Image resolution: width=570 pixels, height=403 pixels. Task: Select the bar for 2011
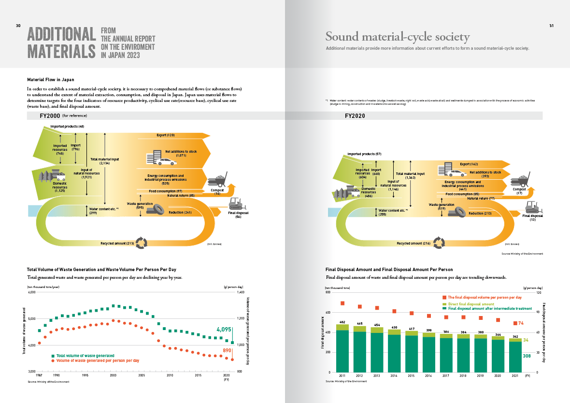click(x=342, y=348)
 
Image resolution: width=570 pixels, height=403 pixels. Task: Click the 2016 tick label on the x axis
click(x=429, y=375)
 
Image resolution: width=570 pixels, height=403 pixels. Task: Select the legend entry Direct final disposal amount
click(x=470, y=304)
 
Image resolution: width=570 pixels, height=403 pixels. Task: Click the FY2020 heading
click(x=355, y=116)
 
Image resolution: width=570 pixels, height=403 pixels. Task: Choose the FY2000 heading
click(x=50, y=116)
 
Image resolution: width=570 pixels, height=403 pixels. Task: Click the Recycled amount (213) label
click(x=117, y=243)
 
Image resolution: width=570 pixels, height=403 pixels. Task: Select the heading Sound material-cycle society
click(x=397, y=37)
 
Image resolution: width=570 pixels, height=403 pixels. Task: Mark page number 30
click(x=17, y=26)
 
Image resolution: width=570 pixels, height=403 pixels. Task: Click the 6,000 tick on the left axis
click(x=31, y=292)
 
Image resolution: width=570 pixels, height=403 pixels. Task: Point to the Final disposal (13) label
click(x=532, y=217)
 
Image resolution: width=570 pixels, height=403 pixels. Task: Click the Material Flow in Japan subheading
click(x=51, y=79)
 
